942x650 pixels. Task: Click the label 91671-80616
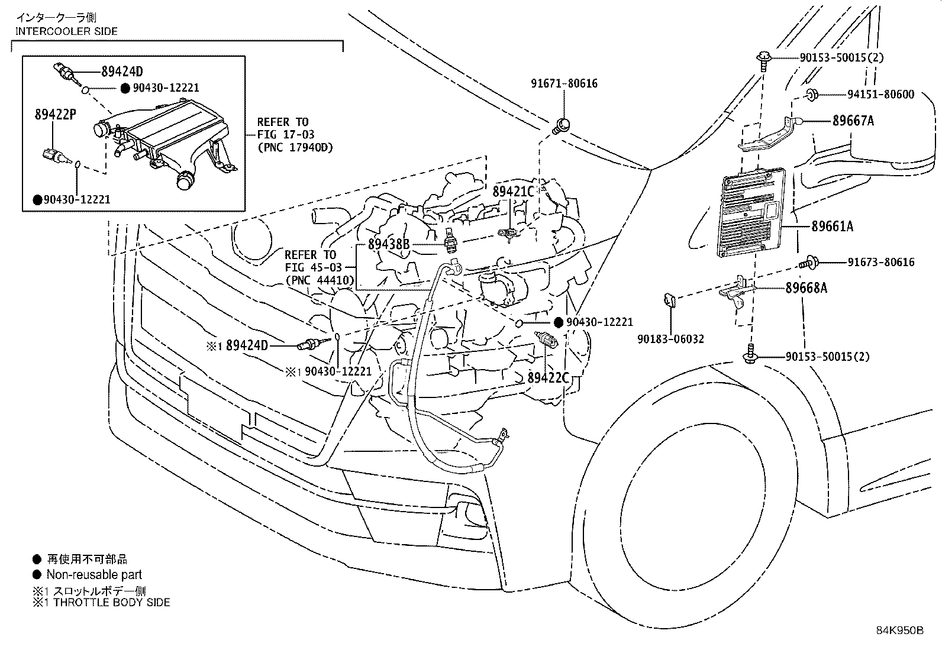(x=563, y=83)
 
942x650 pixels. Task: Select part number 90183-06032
(x=670, y=339)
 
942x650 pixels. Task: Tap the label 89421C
(x=514, y=191)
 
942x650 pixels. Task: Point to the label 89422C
(x=549, y=377)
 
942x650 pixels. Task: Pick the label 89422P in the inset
(x=54, y=114)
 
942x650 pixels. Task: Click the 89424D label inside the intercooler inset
(x=122, y=72)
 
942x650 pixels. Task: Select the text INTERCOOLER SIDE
(x=66, y=31)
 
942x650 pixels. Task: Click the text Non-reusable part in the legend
(x=94, y=574)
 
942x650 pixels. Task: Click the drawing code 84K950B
(x=899, y=630)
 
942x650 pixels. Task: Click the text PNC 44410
(x=320, y=280)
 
